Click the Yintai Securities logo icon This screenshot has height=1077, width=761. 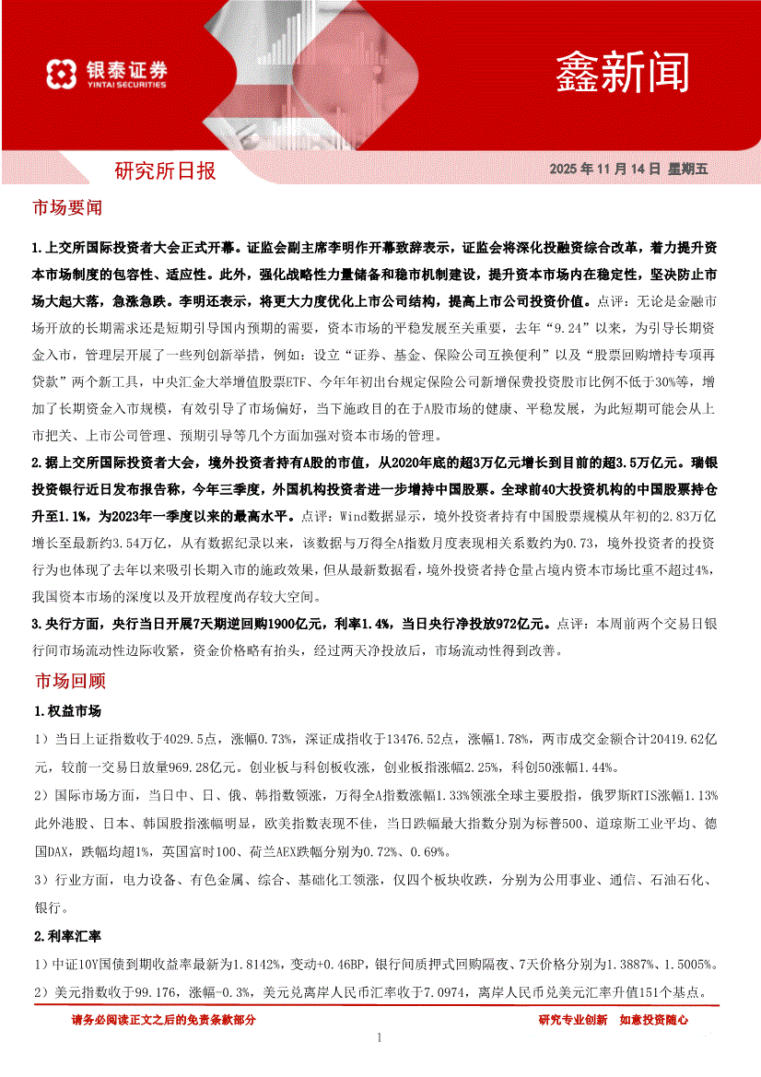pyautogui.click(x=60, y=75)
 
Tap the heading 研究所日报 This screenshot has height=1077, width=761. pyautogui.click(x=165, y=170)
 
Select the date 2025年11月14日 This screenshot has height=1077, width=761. pyautogui.click(x=604, y=170)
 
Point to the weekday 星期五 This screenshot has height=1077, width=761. pyautogui.click(x=688, y=170)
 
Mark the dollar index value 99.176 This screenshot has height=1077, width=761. pyautogui.click(x=158, y=993)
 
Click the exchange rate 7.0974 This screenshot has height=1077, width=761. pyautogui.click(x=441, y=993)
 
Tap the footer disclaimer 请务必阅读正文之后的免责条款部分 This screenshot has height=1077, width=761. pyautogui.click(x=163, y=1020)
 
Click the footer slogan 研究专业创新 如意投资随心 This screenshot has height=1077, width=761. pyautogui.click(x=613, y=1020)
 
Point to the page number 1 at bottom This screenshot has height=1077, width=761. pyautogui.click(x=380, y=1038)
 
